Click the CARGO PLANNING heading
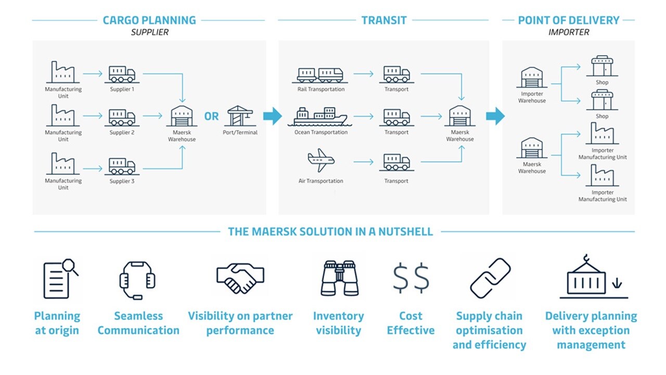149,20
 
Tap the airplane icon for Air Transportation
321,161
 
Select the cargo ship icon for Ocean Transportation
320,117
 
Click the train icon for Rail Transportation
320,74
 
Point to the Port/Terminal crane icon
240,116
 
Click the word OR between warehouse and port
211,116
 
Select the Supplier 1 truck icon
122,74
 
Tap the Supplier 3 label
122,181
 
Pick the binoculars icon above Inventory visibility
339,278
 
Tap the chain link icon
490,278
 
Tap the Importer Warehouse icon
532,78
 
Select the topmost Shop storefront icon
602,66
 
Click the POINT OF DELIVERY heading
569,20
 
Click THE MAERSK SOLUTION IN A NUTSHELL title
330,231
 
